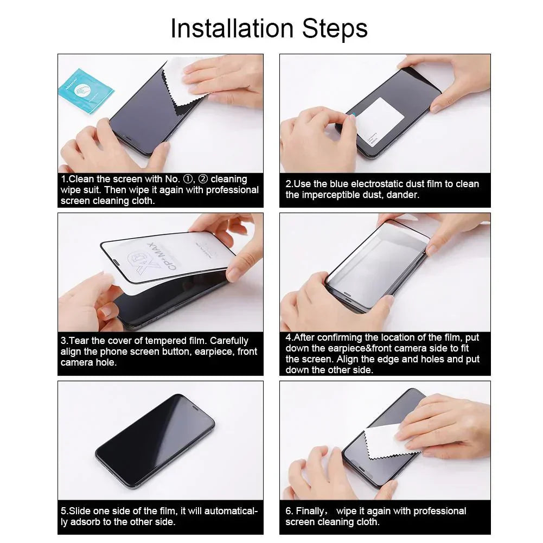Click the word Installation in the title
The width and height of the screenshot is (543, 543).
click(x=228, y=28)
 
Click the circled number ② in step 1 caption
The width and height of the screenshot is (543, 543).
click(x=203, y=179)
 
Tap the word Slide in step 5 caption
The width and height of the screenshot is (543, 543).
click(x=80, y=511)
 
